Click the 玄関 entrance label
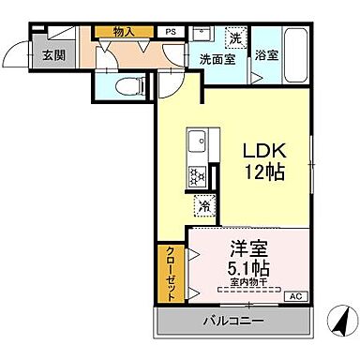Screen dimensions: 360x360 26,54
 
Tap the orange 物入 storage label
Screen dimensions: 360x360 124,32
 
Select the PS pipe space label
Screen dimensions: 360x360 171,32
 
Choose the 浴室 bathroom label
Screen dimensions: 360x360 266,54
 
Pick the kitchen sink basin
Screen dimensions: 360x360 197,143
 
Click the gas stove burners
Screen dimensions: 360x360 198,175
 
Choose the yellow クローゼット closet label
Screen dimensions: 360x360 172,272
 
